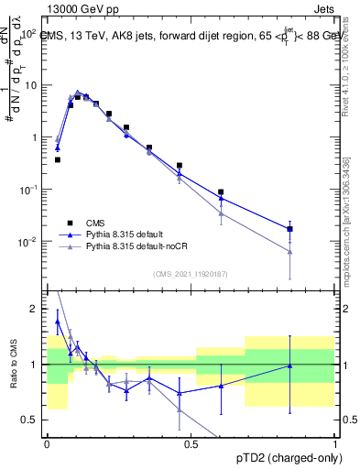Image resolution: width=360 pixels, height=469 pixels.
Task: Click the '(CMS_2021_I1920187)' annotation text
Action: pyautogui.click(x=191, y=273)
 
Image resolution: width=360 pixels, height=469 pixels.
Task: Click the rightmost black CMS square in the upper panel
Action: pyautogui.click(x=289, y=229)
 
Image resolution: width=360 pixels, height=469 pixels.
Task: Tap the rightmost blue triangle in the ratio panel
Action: pyautogui.click(x=289, y=365)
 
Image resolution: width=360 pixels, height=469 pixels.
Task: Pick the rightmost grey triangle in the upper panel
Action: pyautogui.click(x=289, y=252)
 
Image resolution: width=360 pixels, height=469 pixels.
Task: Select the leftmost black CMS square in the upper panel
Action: pyautogui.click(x=57, y=159)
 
